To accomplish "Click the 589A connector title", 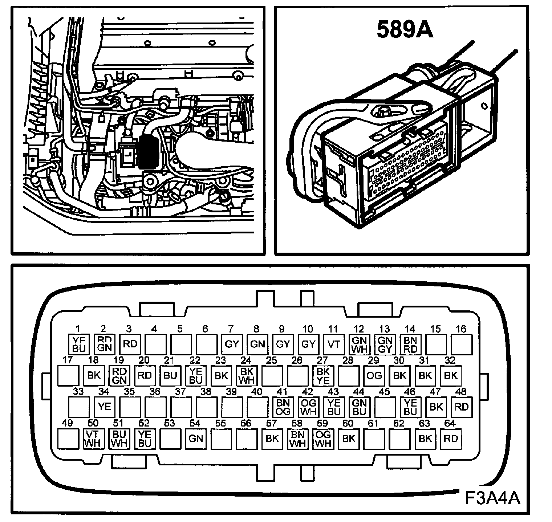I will pyautogui.click(x=405, y=29).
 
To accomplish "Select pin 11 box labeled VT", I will pyautogui.click(x=333, y=344).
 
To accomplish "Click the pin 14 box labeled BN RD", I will pyautogui.click(x=410, y=344).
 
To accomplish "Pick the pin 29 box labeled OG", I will pyautogui.click(x=374, y=375).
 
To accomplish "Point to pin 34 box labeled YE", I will pyautogui.click(x=105, y=407).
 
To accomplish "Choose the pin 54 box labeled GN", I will pyautogui.click(x=196, y=438).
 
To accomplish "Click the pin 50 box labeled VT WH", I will pyautogui.click(x=93, y=438).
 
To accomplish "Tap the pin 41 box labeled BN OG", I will pyautogui.click(x=283, y=407).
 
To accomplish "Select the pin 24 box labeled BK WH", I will pyautogui.click(x=247, y=375).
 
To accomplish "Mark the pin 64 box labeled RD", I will pyautogui.click(x=451, y=438).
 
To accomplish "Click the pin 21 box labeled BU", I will pyautogui.click(x=170, y=375).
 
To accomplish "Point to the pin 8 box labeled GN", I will pyautogui.click(x=257, y=344).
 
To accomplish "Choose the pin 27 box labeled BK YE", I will pyautogui.click(x=323, y=375).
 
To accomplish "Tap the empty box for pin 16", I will pyautogui.click(x=461, y=344).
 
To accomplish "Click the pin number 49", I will pyautogui.click(x=68, y=423).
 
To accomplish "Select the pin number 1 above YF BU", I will pyautogui.click(x=77, y=329).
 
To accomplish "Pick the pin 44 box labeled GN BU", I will pyautogui.click(x=359, y=407).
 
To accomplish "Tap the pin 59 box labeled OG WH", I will pyautogui.click(x=323, y=438).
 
